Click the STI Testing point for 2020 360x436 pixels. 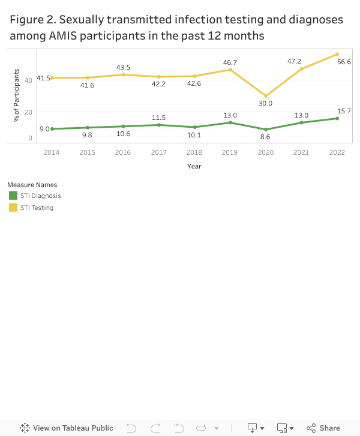(x=266, y=96)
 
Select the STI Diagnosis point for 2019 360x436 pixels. (x=230, y=122)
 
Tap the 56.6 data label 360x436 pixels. (x=344, y=62)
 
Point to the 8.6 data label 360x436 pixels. (x=266, y=137)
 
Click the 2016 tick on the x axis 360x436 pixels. (x=123, y=152)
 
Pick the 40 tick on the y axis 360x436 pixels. (x=29, y=80)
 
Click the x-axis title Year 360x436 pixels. (x=194, y=166)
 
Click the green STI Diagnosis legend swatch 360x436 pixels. (x=13, y=196)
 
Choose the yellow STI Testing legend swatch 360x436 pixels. (x=13, y=208)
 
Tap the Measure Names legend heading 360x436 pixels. (x=32, y=185)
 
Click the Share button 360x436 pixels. (x=323, y=428)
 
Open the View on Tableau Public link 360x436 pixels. (x=67, y=428)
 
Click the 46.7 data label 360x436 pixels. (x=230, y=62)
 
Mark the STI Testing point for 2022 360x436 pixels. (x=337, y=54)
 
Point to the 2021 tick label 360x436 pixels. (x=301, y=152)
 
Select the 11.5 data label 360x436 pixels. (x=159, y=118)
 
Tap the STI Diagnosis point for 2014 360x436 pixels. (x=52, y=129)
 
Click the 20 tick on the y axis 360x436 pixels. (x=29, y=112)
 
